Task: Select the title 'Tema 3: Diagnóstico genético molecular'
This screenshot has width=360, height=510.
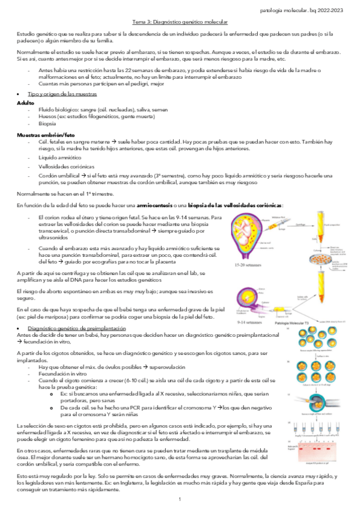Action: (x=180, y=21)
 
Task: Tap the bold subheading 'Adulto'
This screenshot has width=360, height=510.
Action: (x=25, y=103)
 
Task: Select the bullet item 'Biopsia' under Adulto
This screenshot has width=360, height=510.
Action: (x=47, y=127)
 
